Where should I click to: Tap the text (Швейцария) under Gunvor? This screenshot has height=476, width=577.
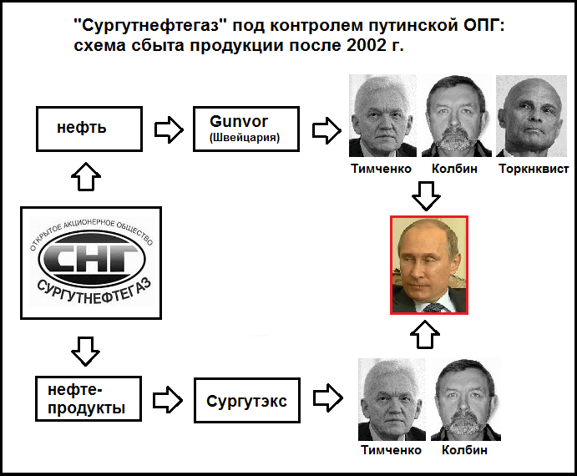(245, 138)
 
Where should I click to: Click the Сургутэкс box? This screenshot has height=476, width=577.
(246, 402)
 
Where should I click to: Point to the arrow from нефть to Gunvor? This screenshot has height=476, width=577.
(169, 129)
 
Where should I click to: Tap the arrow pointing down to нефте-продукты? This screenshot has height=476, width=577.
(86, 350)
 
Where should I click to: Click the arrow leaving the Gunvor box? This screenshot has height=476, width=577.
(325, 129)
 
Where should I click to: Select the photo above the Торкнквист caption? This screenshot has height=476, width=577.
(531, 116)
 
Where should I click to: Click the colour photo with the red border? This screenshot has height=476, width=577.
(429, 264)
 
